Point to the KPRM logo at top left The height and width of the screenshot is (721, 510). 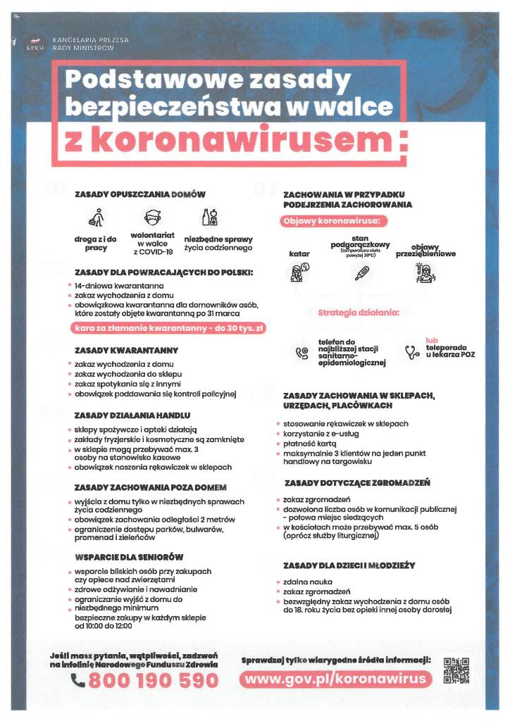(35, 44)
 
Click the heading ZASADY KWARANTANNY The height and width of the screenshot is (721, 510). (126, 350)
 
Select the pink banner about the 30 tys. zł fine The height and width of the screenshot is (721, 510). (168, 328)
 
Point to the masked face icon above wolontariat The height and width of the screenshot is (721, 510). (152, 217)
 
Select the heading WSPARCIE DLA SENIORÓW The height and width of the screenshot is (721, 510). (129, 556)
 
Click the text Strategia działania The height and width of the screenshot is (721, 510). (359, 312)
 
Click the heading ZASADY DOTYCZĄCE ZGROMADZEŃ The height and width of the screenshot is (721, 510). (357, 483)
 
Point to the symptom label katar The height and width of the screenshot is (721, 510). (299, 253)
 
